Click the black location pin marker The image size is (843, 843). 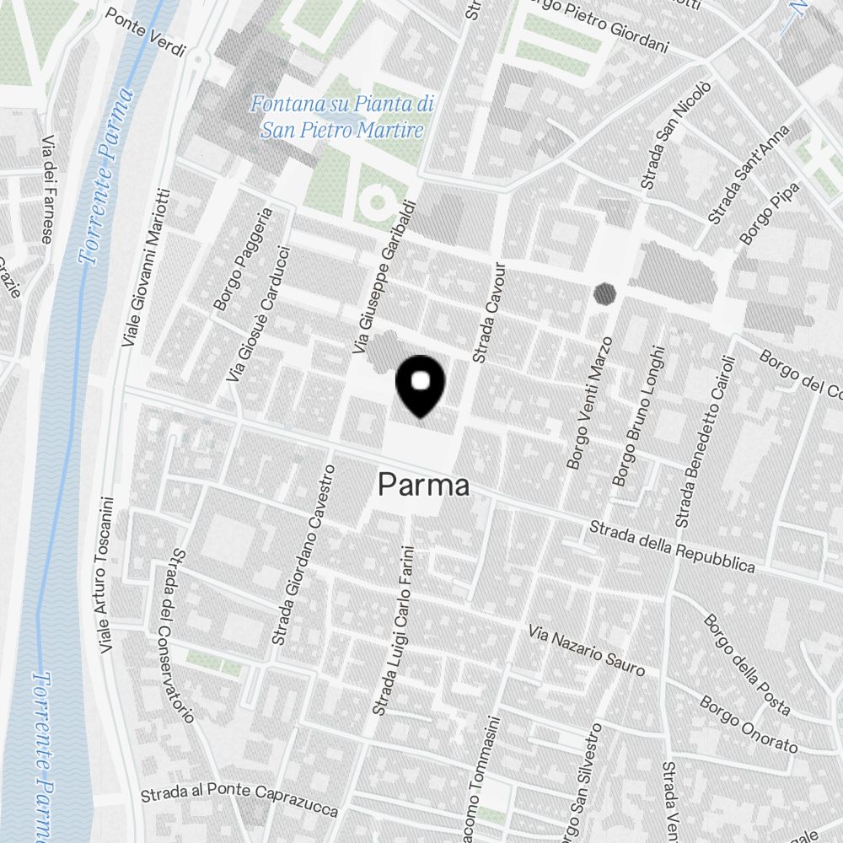pyautogui.click(x=420, y=385)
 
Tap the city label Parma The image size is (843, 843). pyautogui.click(x=423, y=485)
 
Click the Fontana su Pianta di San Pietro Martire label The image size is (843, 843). pyautogui.click(x=341, y=117)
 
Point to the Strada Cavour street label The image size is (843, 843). pyautogui.click(x=490, y=313)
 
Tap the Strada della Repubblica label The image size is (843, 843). pyautogui.click(x=672, y=547)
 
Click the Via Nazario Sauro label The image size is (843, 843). pyautogui.click(x=586, y=651)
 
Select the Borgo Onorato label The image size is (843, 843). pyautogui.click(x=748, y=725)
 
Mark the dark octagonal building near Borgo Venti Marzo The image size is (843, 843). pyautogui.click(x=604, y=293)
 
